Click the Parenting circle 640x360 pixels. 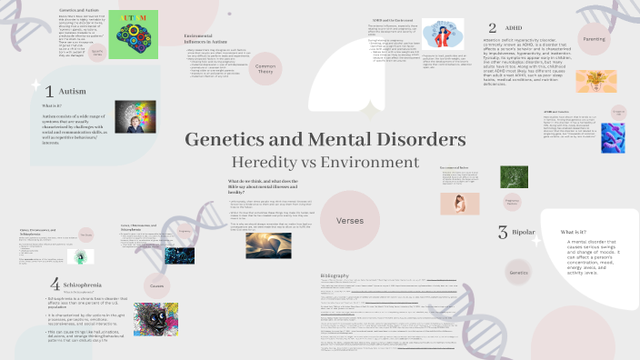(594, 40)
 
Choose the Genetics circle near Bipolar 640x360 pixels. (519, 273)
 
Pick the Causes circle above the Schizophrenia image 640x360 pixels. (157, 285)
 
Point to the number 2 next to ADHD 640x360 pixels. (492, 29)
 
